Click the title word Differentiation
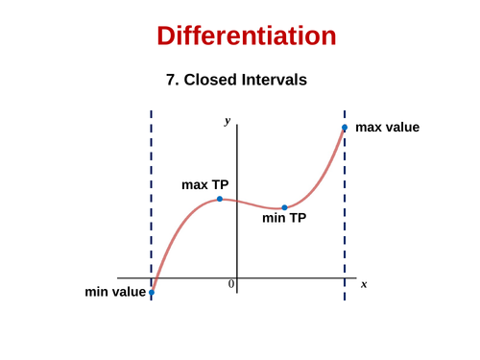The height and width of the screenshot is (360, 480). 247,36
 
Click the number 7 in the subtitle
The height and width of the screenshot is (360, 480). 172,81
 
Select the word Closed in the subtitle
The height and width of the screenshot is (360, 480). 210,81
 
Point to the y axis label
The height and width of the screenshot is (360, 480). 228,121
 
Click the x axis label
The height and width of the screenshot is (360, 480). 364,284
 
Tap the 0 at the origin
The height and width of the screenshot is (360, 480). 231,285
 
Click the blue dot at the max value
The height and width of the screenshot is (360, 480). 345,128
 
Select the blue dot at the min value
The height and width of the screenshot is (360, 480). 152,292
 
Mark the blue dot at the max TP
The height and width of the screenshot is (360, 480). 220,199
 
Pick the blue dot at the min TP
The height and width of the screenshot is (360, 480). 284,207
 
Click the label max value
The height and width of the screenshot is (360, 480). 387,127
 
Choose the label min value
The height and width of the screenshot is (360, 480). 115,292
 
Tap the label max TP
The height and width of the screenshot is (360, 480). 204,184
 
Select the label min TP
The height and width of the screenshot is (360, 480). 284,219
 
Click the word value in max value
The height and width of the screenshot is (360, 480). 401,127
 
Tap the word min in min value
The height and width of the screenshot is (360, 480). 97,292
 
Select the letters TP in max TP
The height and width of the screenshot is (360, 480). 220,184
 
